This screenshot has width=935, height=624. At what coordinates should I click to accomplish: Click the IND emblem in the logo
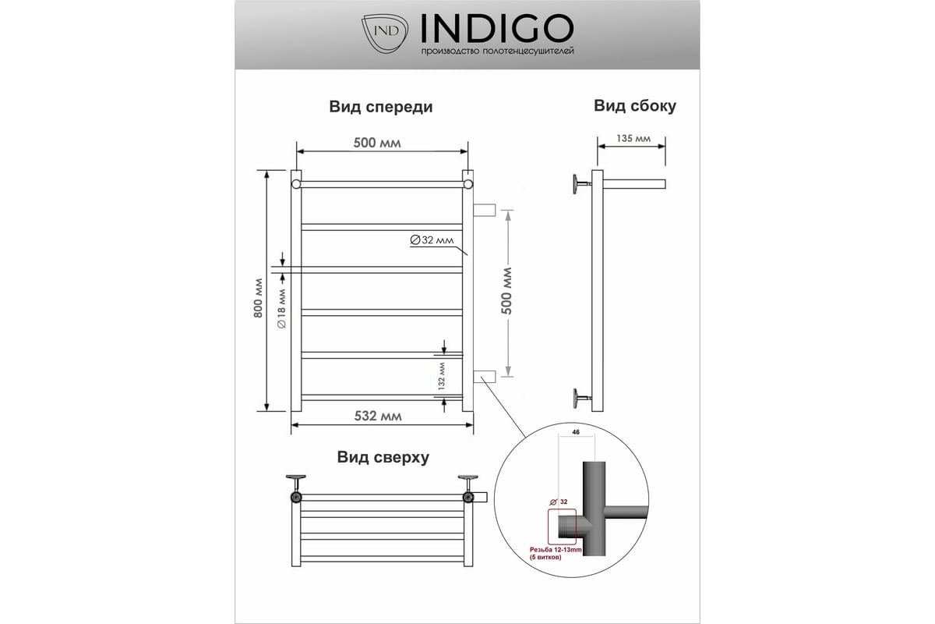(x=384, y=34)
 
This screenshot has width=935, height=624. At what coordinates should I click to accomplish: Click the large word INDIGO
(x=497, y=28)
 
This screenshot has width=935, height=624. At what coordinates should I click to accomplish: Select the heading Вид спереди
(x=381, y=107)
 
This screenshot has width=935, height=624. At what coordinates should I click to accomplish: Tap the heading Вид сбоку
(x=634, y=106)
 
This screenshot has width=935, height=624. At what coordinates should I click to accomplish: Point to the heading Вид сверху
(x=383, y=457)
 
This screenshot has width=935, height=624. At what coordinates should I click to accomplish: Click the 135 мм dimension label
(x=633, y=138)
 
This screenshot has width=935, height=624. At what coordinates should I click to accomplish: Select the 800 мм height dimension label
(x=259, y=298)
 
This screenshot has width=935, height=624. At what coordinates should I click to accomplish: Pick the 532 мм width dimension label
(x=378, y=416)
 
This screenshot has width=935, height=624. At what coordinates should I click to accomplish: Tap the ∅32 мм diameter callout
(x=432, y=240)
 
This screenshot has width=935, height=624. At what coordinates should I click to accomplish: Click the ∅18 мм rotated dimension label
(x=282, y=308)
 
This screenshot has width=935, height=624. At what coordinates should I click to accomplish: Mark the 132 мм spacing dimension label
(x=442, y=376)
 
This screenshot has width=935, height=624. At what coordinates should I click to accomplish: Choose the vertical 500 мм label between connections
(x=506, y=291)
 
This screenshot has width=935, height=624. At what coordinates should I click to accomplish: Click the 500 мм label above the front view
(x=377, y=143)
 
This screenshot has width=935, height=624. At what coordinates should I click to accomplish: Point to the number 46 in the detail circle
(x=576, y=432)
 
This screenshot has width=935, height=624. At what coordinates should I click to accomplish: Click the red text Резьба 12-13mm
(x=555, y=550)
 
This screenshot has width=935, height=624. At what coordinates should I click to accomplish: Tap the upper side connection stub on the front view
(x=484, y=211)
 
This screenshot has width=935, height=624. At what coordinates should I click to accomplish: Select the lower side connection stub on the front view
(x=484, y=377)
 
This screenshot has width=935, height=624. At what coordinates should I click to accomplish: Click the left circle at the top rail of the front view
(x=296, y=184)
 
